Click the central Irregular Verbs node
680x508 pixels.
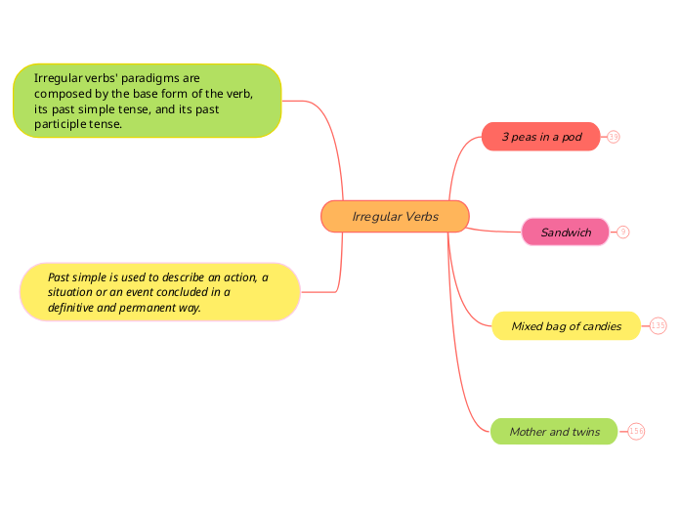coord(395,216)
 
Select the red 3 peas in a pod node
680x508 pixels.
coord(541,137)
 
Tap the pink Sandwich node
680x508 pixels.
coord(566,233)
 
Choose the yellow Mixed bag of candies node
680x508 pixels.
coord(566,325)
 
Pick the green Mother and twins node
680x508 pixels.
coord(554,431)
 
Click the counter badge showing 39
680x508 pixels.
coord(614,137)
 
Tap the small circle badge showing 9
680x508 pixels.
coord(623,233)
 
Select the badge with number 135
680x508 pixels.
coord(658,325)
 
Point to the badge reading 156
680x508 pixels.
coord(636,431)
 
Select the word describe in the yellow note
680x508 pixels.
coord(183,277)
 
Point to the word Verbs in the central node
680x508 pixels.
coord(422,217)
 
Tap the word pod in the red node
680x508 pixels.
coord(572,137)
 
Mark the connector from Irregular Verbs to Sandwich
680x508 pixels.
coord(493,231)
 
